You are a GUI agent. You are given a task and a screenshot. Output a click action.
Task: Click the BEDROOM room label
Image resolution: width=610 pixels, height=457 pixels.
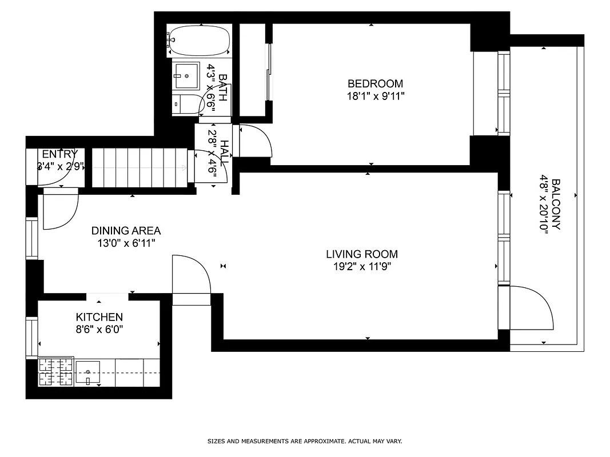coord(375,83)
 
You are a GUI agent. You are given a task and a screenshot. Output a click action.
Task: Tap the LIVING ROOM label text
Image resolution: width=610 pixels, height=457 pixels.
coord(362,254)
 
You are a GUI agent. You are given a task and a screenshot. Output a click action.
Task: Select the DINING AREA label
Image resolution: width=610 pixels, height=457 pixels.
coord(126,231)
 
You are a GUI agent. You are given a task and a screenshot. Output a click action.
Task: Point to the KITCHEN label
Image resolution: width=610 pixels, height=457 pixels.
coord(99,317)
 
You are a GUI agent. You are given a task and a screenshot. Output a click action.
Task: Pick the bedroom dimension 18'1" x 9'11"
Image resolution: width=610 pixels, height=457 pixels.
coord(375,96)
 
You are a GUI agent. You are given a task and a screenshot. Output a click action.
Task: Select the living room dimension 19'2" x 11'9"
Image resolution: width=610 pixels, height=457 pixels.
coord(362,266)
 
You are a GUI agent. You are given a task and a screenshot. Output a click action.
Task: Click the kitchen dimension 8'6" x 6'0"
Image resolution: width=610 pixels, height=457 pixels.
coord(99,329)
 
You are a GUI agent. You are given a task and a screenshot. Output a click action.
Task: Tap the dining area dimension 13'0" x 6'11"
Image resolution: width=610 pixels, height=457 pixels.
coord(126,243)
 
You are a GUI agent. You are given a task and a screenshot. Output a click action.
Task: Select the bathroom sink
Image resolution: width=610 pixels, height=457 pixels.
coord(186,75)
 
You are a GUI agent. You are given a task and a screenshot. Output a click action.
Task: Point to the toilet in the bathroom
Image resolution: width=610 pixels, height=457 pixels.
coord(186,105)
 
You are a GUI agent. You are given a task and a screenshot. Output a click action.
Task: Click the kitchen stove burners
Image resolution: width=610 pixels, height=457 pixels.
coord(56,371)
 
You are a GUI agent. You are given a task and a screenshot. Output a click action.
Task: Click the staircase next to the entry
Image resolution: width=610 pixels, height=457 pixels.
coord(139,167)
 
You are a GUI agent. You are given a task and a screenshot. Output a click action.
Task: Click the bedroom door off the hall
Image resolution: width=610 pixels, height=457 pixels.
coord(256,140)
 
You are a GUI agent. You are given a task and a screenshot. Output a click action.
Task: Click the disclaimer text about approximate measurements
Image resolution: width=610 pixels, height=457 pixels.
coord(305,441)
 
